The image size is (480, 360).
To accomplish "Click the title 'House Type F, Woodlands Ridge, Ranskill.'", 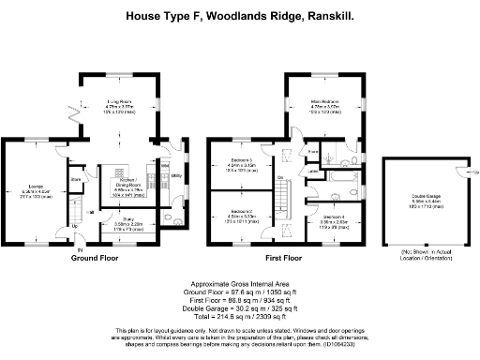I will [240, 16].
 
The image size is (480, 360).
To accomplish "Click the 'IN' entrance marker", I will [80, 250].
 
